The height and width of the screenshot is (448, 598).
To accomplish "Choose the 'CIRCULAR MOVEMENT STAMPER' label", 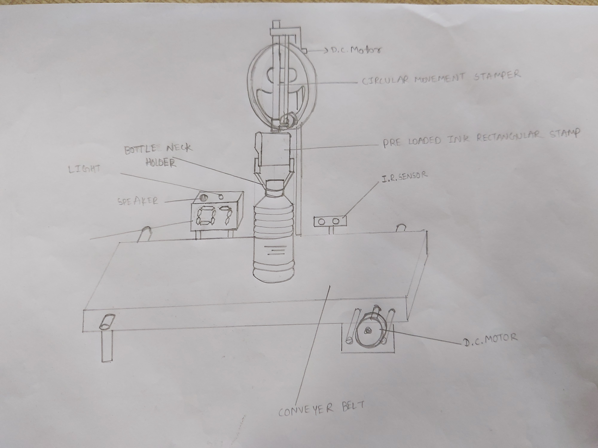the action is coord(441,77).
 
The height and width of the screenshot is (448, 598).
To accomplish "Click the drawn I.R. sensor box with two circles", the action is coord(330,221).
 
